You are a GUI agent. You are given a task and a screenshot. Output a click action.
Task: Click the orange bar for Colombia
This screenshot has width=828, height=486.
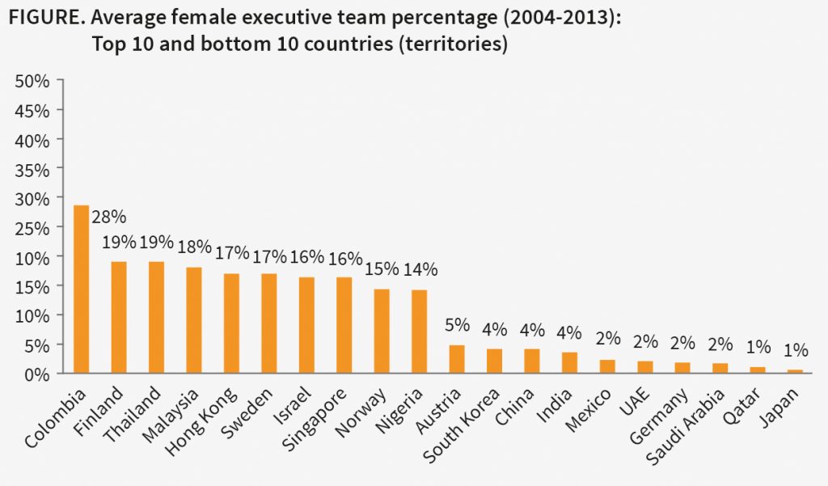[x=82, y=289]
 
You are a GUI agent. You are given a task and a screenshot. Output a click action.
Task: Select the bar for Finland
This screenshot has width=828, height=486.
[x=119, y=317]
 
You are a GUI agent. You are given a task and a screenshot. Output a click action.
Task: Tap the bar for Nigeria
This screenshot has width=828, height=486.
[x=419, y=332]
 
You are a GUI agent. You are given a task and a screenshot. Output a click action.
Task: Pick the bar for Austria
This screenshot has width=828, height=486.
[x=457, y=359]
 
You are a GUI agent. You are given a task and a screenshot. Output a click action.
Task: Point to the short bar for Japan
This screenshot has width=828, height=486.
[x=795, y=371]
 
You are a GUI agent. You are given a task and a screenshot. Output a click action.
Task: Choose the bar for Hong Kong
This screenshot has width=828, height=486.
[x=231, y=323]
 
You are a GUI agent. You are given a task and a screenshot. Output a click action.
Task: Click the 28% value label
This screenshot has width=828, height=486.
[x=109, y=218]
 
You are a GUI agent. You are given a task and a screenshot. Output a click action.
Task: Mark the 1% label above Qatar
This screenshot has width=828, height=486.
[x=758, y=347]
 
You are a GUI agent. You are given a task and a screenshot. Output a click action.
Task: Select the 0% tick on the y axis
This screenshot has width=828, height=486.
[x=36, y=374]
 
